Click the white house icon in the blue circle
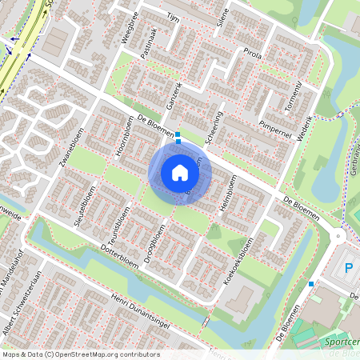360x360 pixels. pos(180,172)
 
